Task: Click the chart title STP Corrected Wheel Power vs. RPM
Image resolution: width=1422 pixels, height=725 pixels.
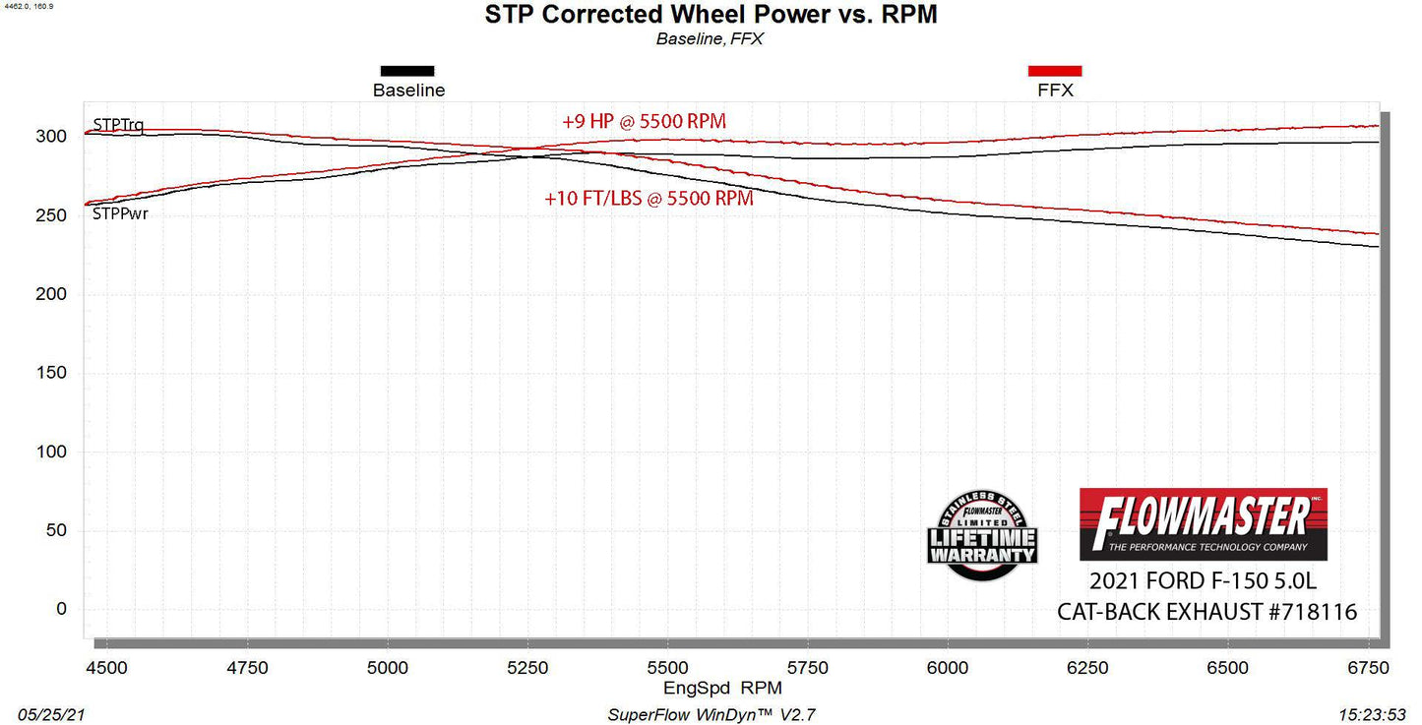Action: point(711,16)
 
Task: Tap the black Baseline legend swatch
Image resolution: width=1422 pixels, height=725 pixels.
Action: point(407,71)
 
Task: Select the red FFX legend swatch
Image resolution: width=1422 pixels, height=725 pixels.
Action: point(1055,71)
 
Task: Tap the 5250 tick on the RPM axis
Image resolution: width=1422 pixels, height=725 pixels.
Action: point(527,667)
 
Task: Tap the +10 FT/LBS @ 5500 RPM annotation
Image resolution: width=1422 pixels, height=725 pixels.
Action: point(649,198)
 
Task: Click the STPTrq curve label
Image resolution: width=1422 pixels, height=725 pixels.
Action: point(118,125)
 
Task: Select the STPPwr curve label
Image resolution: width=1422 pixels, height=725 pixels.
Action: point(120,213)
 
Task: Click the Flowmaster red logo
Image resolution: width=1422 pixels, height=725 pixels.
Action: point(1203,523)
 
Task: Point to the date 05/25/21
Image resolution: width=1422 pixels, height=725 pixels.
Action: point(48,714)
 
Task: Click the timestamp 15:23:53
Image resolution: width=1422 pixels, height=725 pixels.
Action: point(1373,714)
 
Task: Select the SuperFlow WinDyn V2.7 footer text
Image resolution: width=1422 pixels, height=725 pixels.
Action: point(711,714)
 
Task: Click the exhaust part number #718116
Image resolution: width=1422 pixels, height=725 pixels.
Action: point(1313,612)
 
